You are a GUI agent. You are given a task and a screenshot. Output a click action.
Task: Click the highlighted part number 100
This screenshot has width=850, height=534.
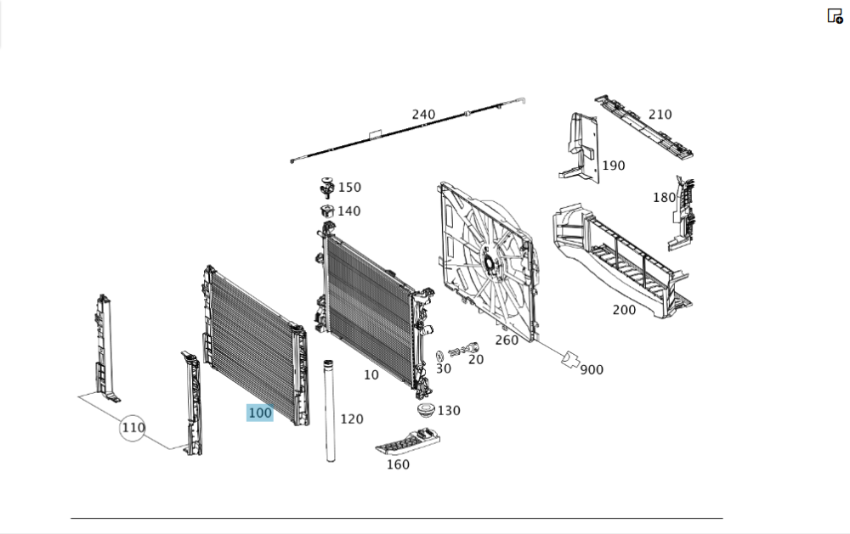click(259, 413)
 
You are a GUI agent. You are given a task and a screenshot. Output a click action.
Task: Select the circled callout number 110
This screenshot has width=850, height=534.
click(133, 428)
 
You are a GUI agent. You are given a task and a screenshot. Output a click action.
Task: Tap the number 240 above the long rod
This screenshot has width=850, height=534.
click(423, 115)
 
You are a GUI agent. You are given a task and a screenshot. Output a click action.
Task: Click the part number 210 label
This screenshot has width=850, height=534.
click(660, 115)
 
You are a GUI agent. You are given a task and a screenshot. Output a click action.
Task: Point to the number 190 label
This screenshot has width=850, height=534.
click(614, 166)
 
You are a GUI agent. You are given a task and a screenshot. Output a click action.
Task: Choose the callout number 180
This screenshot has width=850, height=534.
click(664, 198)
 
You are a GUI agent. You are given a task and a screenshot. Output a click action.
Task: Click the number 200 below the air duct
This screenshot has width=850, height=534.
click(624, 310)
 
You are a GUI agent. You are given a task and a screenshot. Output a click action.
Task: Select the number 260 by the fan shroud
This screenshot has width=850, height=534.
click(507, 340)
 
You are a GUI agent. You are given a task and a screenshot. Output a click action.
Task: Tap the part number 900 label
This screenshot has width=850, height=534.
click(592, 370)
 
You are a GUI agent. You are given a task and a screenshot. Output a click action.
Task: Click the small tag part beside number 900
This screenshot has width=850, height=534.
click(569, 359)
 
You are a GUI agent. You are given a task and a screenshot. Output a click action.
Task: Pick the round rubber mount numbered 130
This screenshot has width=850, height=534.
click(426, 410)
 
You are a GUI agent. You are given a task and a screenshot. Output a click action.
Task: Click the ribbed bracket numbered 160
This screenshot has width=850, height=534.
click(407, 441)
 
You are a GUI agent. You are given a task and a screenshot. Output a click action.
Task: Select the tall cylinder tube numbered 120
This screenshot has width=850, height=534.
click(330, 411)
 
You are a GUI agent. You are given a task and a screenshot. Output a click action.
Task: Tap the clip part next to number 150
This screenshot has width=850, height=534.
click(326, 188)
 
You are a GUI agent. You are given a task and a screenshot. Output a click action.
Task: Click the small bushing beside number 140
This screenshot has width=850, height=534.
click(326, 211)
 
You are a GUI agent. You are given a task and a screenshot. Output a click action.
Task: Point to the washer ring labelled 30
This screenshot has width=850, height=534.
click(439, 356)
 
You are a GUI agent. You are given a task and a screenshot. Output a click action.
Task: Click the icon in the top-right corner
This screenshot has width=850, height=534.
click(835, 15)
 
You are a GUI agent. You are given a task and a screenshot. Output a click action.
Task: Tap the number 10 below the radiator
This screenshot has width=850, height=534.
click(371, 374)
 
